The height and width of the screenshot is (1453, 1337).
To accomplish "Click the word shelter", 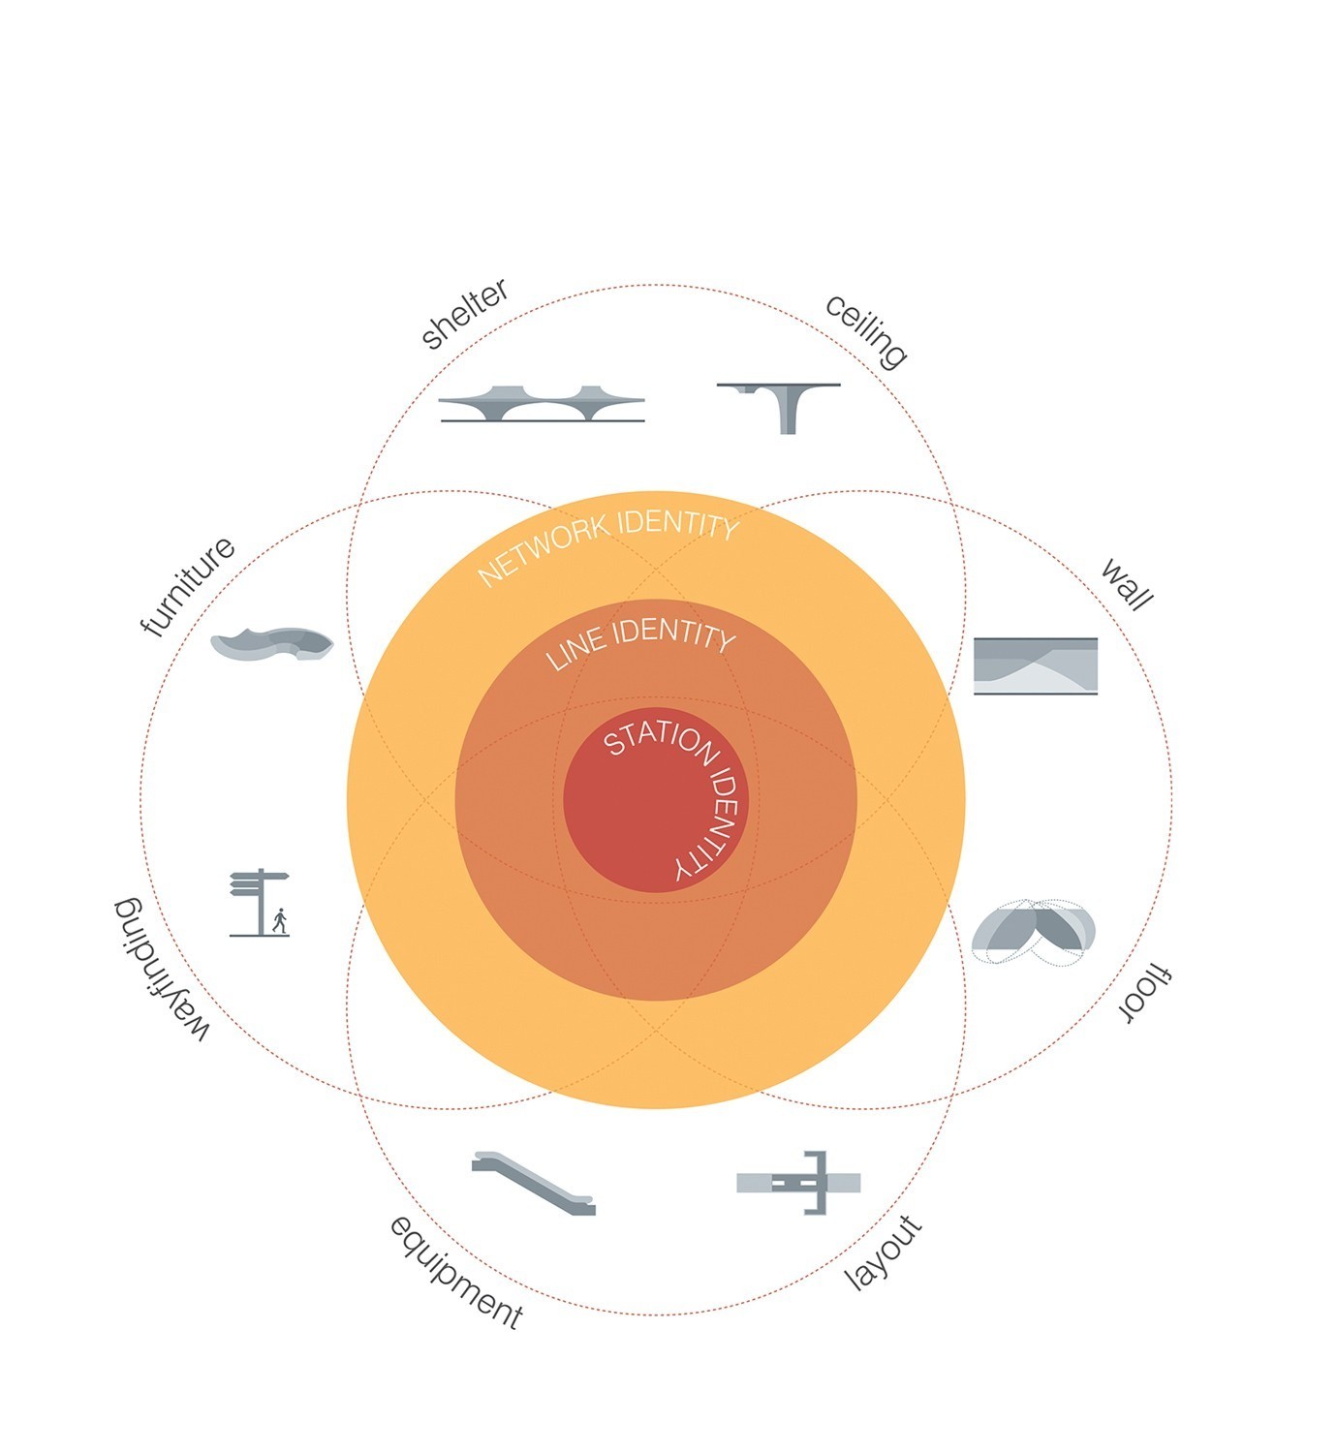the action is (464, 314).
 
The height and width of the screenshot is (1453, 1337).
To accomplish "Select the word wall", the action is (1127, 584).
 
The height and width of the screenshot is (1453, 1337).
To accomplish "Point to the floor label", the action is (1146, 993).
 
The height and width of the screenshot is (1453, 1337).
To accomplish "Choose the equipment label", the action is (456, 1273).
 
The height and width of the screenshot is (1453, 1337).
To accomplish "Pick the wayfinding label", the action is (162, 970).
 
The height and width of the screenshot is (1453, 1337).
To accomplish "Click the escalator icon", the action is (534, 1183).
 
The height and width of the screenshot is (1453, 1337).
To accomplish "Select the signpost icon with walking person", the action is (260, 903).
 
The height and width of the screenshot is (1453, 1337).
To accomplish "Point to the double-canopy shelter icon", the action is (542, 404).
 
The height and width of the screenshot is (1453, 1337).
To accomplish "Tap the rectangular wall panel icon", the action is (1036, 665).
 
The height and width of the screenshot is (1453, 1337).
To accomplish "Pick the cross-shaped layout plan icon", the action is (798, 1182).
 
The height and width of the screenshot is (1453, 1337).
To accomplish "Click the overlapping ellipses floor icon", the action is (1034, 932).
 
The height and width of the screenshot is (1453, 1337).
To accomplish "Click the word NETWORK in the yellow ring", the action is (544, 548).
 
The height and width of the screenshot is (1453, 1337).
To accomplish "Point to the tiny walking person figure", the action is (280, 920).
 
